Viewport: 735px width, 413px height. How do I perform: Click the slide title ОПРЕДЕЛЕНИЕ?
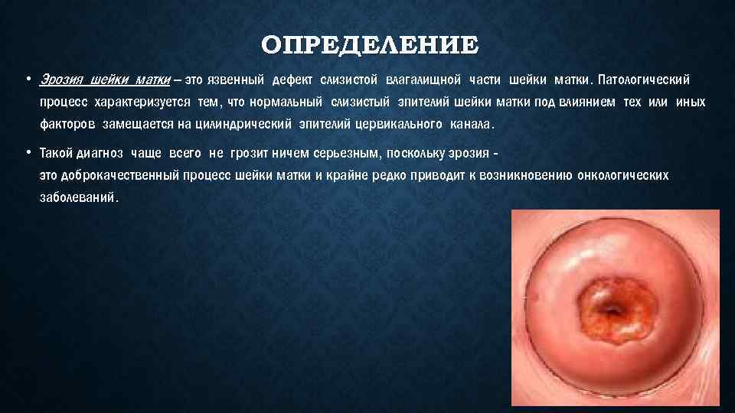point(368,45)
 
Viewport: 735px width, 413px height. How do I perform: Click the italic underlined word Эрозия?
point(62,80)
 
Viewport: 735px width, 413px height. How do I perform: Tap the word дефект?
point(291,80)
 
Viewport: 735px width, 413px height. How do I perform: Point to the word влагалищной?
point(423,80)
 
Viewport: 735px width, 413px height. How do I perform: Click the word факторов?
point(67,124)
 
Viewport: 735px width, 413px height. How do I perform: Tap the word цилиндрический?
point(243,124)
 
